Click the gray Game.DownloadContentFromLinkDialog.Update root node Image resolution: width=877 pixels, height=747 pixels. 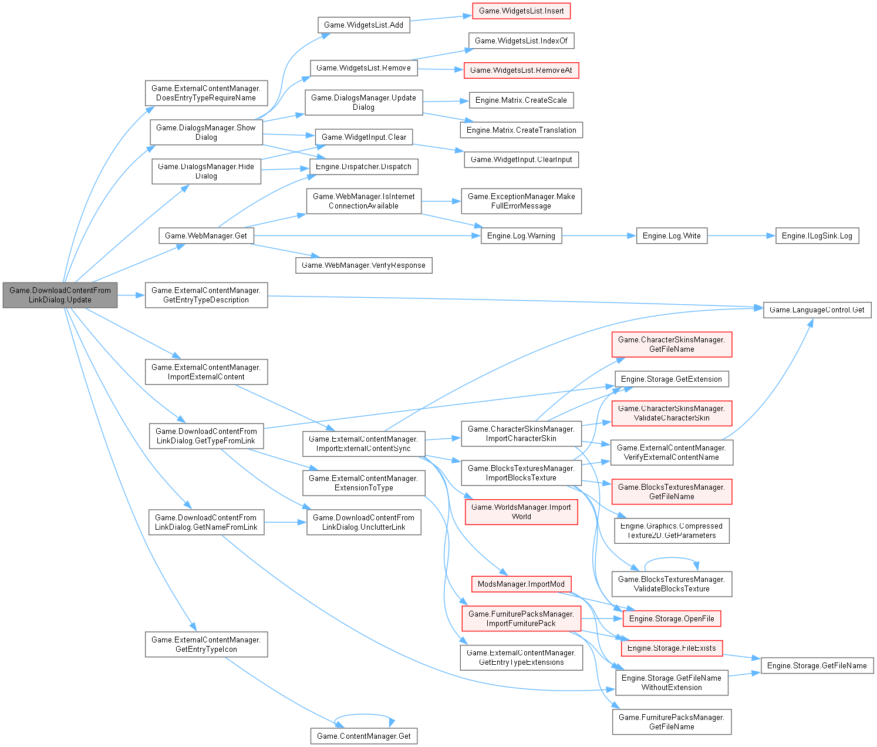[60, 295]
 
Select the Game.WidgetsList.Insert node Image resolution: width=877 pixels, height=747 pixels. [521, 11]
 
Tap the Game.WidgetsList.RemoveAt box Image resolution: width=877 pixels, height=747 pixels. [521, 70]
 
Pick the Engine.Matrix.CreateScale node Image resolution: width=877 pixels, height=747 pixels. [521, 100]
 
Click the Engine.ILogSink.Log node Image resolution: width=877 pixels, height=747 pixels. [817, 235]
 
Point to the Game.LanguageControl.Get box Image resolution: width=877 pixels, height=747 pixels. [817, 309]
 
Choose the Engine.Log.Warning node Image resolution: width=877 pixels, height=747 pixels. [521, 235]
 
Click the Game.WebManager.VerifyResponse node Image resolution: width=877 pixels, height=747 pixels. [363, 265]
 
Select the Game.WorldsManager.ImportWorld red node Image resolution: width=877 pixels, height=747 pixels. [521, 512]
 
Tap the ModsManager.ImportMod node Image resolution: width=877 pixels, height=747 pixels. [521, 584]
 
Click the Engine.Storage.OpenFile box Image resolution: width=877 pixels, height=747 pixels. [672, 618]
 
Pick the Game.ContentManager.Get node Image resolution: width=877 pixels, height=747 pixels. [363, 736]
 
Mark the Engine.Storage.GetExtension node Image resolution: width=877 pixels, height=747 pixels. [672, 379]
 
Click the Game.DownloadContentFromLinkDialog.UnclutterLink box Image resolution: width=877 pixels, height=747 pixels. [363, 522]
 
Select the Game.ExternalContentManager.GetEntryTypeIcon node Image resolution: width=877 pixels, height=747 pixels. [206, 644]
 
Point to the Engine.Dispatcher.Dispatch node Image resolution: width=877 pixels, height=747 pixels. [363, 166]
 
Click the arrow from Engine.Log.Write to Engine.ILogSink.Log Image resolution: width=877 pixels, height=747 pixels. [741, 235]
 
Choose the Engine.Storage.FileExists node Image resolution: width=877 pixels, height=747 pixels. [672, 648]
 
